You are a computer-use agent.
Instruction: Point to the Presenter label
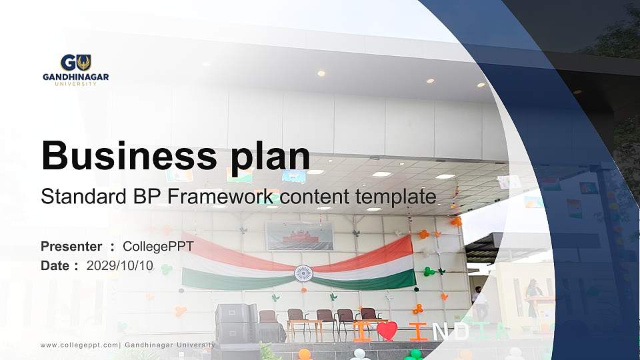pyautogui.click(x=71, y=247)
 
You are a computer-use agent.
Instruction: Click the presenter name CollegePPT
pyautogui.click(x=159, y=247)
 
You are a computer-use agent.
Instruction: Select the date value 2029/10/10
pyautogui.click(x=120, y=265)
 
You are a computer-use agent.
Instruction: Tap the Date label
pyautogui.click(x=55, y=265)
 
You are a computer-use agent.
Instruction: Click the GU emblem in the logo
pyautogui.click(x=75, y=63)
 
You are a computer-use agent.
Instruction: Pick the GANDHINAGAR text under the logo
pyautogui.click(x=75, y=77)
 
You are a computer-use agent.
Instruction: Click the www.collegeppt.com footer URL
pyautogui.click(x=79, y=345)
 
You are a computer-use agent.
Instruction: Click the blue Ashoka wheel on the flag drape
pyautogui.click(x=303, y=273)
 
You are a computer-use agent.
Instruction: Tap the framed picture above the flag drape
pyautogui.click(x=299, y=235)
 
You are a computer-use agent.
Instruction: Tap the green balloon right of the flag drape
pyautogui.click(x=429, y=271)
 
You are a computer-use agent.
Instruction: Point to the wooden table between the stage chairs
pyautogui.click(x=305, y=325)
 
